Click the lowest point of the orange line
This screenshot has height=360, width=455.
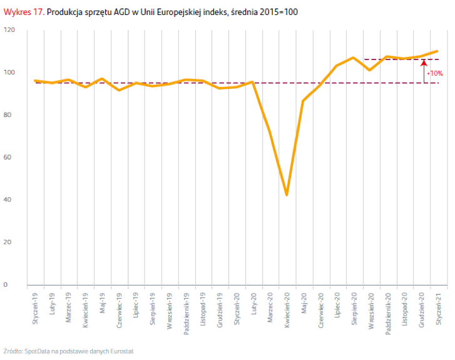(x=287, y=195)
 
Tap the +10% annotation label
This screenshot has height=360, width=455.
(x=434, y=73)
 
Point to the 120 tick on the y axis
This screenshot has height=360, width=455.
(x=9, y=30)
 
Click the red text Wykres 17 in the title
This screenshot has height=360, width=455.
(x=24, y=11)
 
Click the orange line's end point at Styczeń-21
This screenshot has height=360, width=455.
(x=437, y=51)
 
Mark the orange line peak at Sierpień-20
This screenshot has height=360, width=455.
(x=354, y=58)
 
